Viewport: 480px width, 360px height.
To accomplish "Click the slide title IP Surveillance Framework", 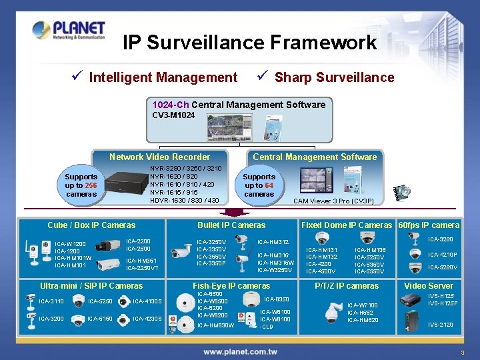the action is (x=250, y=43).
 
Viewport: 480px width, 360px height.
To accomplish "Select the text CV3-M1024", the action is (x=173, y=115).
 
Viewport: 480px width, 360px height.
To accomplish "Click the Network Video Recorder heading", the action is (x=159, y=157).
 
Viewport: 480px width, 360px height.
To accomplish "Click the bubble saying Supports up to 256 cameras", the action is (x=81, y=185).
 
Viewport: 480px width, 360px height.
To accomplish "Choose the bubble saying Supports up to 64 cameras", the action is (x=259, y=185).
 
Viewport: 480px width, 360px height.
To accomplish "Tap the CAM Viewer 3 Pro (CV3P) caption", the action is (x=333, y=201).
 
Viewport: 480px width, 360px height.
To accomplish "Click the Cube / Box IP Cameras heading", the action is (x=91, y=225).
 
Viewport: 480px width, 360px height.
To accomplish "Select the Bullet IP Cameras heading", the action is (x=231, y=225).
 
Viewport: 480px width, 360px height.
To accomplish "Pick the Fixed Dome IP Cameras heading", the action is (x=347, y=225).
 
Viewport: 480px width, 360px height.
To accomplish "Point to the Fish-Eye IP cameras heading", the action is (x=231, y=285).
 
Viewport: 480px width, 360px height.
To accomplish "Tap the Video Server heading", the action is (x=429, y=285).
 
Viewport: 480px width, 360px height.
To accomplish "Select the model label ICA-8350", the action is (x=277, y=299).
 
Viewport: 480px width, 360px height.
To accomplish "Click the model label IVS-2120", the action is (x=441, y=325).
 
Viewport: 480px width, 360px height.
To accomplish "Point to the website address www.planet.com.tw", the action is (x=240, y=351).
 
